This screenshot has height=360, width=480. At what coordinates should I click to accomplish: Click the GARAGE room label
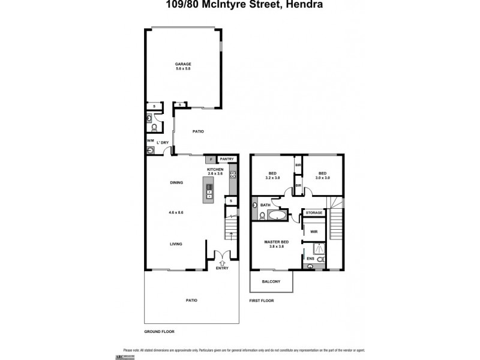(182, 64)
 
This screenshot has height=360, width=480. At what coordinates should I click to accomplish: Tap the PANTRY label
(226, 159)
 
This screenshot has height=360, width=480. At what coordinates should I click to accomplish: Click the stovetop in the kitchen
(232, 175)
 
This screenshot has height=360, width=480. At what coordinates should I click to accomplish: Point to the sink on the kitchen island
(209, 190)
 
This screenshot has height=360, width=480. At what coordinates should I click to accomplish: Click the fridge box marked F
(210, 160)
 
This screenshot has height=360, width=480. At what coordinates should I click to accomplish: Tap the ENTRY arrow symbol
(223, 262)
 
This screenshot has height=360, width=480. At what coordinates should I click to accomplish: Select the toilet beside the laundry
(154, 127)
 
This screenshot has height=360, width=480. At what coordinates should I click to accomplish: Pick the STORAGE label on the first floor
(314, 213)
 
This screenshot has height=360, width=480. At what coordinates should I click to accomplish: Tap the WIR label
(313, 232)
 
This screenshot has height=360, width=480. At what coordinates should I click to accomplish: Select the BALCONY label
(271, 281)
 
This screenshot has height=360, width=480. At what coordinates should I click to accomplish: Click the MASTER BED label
(277, 242)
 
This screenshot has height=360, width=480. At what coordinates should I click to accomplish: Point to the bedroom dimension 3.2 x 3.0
(273, 178)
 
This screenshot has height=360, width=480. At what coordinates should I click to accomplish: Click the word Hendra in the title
(304, 5)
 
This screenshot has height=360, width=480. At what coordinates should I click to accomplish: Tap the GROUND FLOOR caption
(159, 331)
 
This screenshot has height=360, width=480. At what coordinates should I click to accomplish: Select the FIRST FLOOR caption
(262, 301)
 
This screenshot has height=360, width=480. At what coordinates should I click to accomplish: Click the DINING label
(176, 182)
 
